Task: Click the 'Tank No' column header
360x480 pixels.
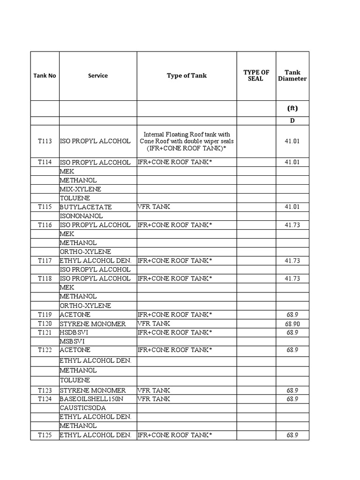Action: coord(45,75)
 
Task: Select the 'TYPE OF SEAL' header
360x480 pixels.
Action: coord(256,75)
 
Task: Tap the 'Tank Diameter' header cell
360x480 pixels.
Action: coord(292,75)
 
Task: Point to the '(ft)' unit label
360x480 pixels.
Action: coord(292,108)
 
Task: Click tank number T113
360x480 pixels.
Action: coord(45,141)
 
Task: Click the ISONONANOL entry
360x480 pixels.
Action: coord(81,216)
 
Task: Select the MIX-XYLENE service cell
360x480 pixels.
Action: coord(80,189)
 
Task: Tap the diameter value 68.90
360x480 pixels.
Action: coord(292,324)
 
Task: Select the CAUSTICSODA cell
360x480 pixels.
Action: coord(82,408)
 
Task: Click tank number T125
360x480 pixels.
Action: coord(45,435)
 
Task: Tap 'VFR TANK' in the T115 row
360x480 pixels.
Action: coord(154,207)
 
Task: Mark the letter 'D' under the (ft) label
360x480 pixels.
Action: coord(292,121)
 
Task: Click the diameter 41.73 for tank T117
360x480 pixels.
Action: coord(292,261)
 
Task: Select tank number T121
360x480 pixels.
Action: coord(45,332)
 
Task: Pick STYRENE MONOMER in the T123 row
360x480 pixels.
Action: coord(93,390)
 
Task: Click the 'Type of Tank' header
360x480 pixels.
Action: coord(187,75)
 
